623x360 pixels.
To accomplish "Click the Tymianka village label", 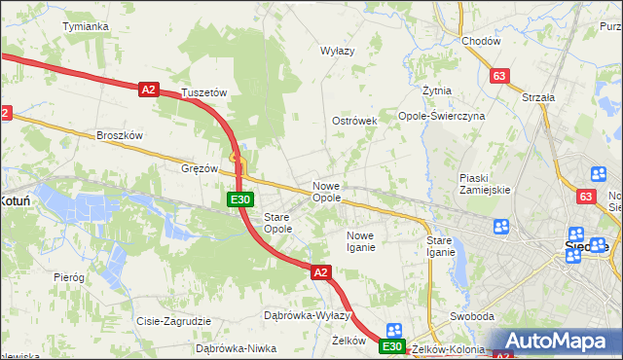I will coord(85,26).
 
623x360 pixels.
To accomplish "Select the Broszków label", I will coord(120,135).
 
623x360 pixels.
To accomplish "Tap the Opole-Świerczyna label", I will coord(441,116).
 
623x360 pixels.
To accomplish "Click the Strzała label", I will coord(537,97).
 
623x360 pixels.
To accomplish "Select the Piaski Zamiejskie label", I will coord(485,184).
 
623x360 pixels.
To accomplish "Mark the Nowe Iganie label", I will coord(360,241).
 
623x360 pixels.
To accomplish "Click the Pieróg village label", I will coord(69,277).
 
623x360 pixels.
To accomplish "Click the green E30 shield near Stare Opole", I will coord(241,199).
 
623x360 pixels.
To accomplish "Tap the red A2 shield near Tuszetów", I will coord(148,90).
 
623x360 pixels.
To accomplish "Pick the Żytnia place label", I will coord(436,90).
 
